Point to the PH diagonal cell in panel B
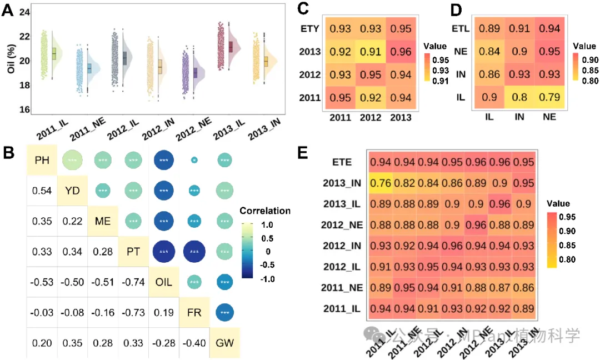click(42, 161)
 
